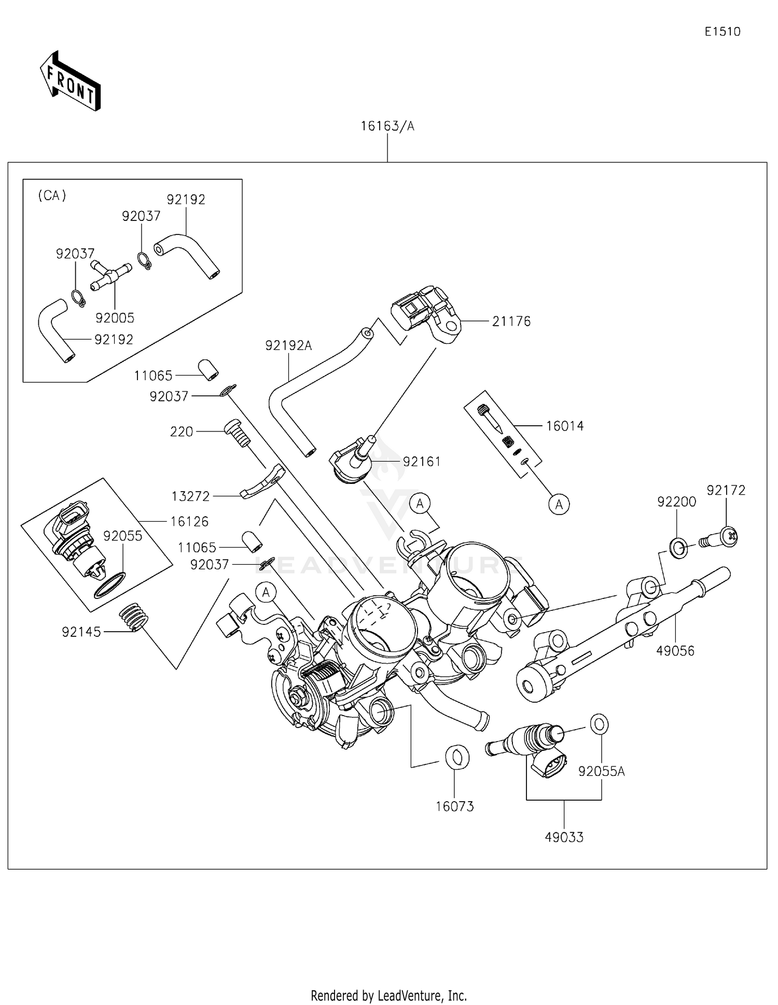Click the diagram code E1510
click(x=722, y=32)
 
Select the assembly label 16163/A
click(x=387, y=126)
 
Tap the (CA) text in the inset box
click(x=52, y=196)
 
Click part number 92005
click(x=115, y=317)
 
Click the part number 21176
click(x=511, y=322)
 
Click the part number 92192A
click(x=288, y=345)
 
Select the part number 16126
click(x=189, y=521)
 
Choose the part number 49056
click(x=675, y=651)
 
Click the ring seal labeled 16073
click(x=457, y=757)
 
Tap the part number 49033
click(x=564, y=837)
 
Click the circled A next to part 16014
click(x=559, y=504)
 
